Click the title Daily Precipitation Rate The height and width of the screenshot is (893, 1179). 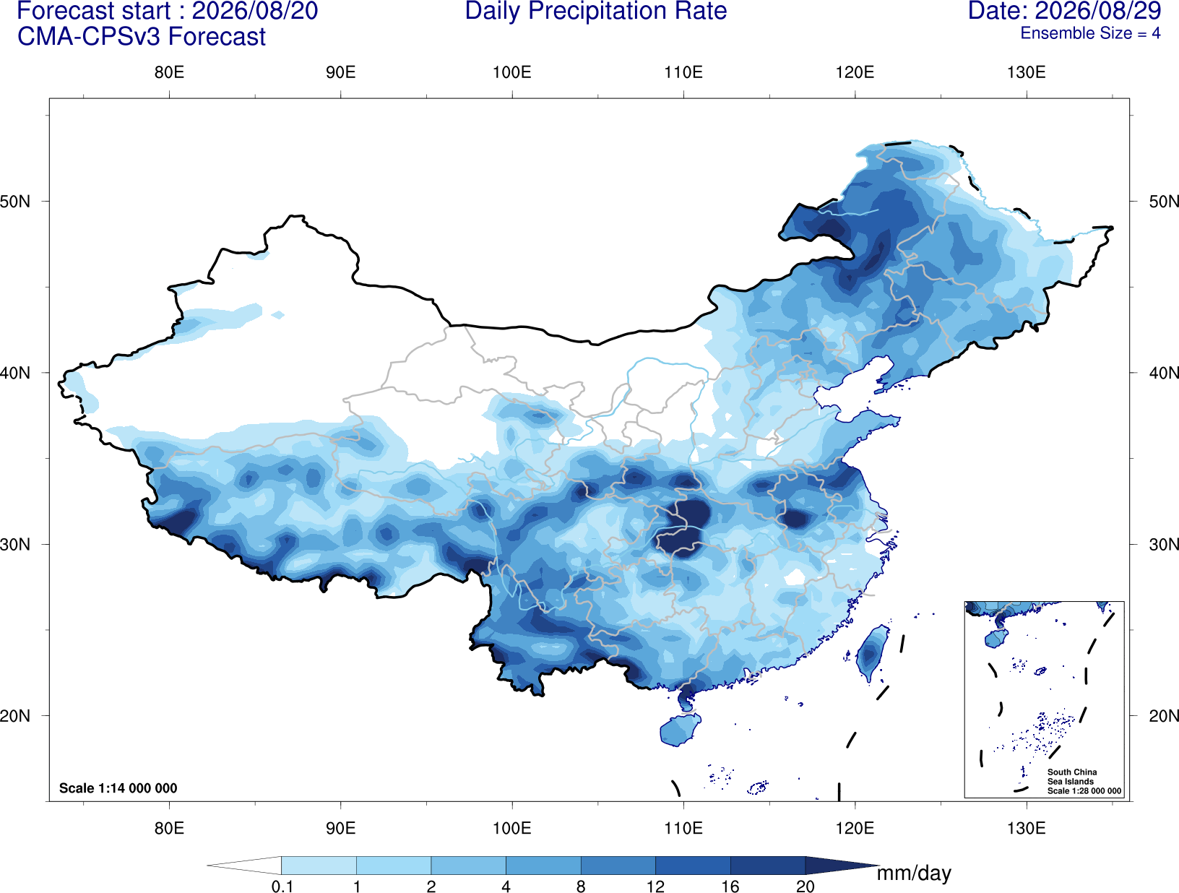click(596, 11)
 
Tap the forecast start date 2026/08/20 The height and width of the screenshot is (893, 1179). click(254, 11)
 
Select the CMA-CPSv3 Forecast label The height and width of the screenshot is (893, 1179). click(142, 37)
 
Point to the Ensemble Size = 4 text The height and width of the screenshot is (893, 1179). click(1090, 33)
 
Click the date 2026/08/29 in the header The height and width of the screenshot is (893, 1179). click(1098, 11)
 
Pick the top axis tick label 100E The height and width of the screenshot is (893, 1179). click(512, 72)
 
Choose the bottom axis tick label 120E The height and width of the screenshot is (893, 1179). click(855, 828)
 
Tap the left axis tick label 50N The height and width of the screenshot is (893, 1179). click(15, 202)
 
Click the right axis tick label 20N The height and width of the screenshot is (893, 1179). click(1163, 716)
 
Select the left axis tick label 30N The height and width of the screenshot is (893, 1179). click(15, 545)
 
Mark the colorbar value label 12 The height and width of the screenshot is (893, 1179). click(655, 886)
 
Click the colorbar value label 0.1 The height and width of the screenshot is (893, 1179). click(282, 886)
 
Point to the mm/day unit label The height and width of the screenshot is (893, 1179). click(914, 873)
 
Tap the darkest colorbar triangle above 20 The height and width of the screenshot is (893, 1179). click(838, 866)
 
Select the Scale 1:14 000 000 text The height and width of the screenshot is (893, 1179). click(118, 788)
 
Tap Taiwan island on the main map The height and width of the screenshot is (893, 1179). click(871, 652)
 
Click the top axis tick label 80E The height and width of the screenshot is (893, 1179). click(169, 72)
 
